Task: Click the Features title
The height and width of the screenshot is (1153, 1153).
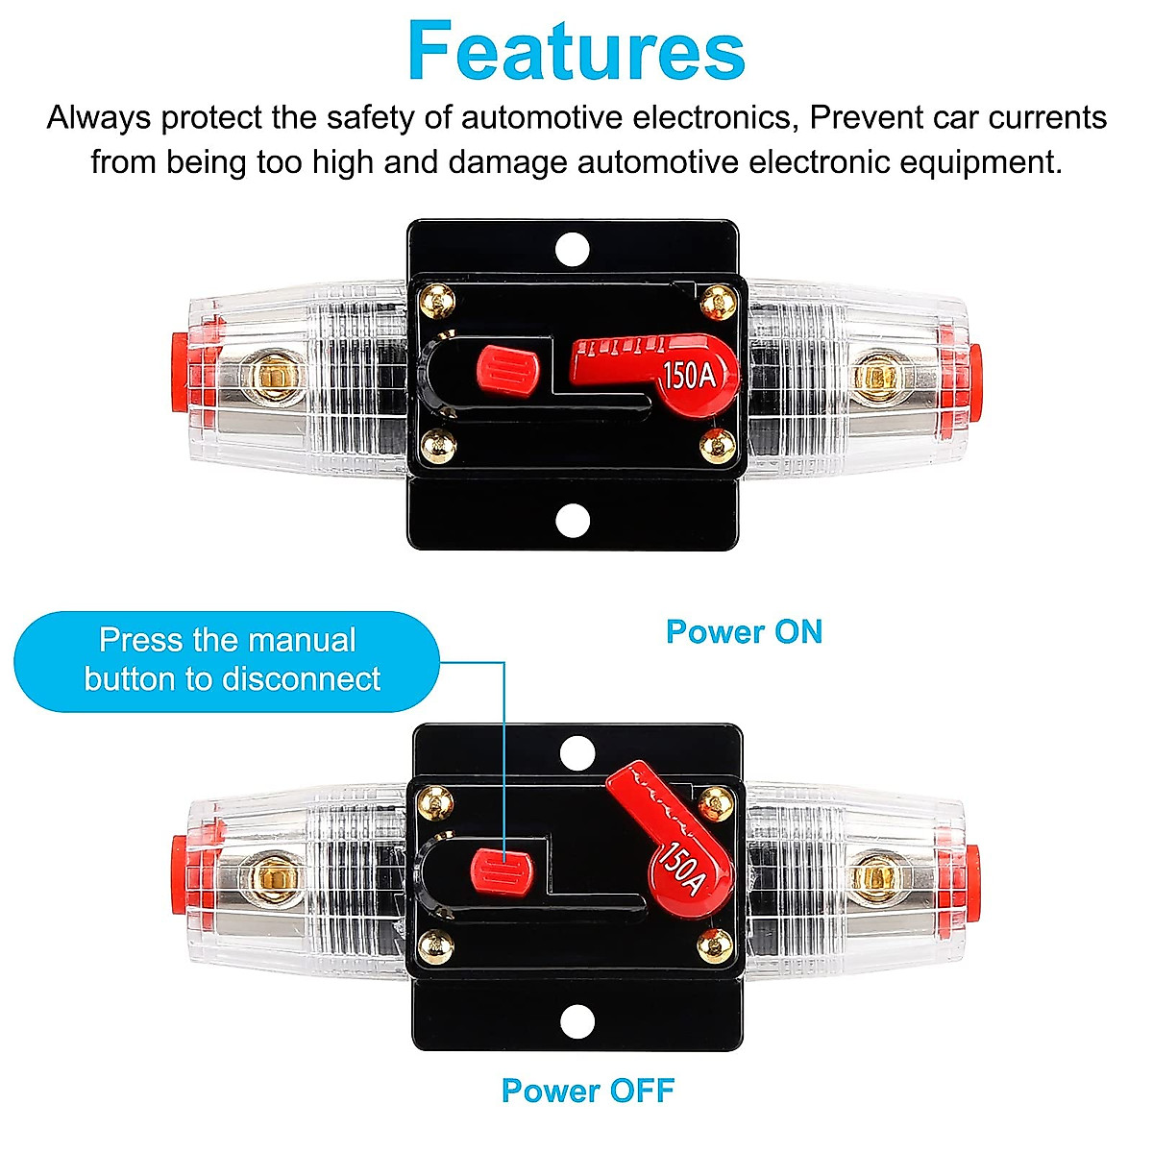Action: (576, 52)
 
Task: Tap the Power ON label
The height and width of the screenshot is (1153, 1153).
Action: (745, 632)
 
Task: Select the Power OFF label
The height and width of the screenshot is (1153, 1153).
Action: (588, 1091)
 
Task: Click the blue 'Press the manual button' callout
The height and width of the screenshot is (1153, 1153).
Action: (228, 661)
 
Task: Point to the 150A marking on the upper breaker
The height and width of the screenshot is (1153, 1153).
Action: (689, 375)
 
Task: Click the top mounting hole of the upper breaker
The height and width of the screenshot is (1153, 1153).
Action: (573, 248)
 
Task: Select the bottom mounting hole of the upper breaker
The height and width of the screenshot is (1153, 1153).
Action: (573, 520)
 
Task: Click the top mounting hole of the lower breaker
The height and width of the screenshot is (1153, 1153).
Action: (576, 752)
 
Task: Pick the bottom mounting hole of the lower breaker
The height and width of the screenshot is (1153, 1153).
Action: (576, 1021)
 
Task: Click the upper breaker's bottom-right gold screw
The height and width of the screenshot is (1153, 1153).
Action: (717, 444)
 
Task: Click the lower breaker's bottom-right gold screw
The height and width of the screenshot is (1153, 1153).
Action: (714, 944)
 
